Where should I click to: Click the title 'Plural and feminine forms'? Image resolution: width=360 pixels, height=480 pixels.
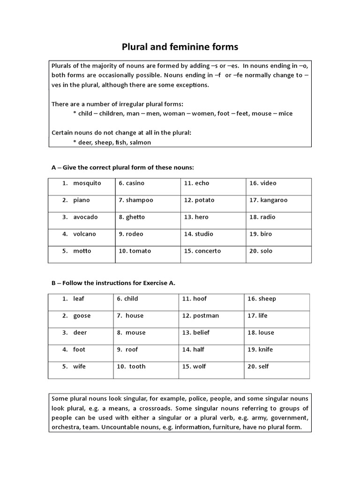[x=180, y=47]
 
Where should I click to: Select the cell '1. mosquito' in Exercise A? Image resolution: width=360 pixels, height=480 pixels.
[x=82, y=183]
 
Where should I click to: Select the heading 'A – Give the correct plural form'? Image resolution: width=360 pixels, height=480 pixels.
[x=122, y=167]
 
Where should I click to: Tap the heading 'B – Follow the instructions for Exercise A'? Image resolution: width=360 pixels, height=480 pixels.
[x=113, y=283]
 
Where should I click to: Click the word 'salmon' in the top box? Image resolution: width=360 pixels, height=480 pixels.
[x=140, y=142]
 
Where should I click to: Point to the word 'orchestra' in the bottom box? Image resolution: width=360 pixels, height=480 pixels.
[x=66, y=427]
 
